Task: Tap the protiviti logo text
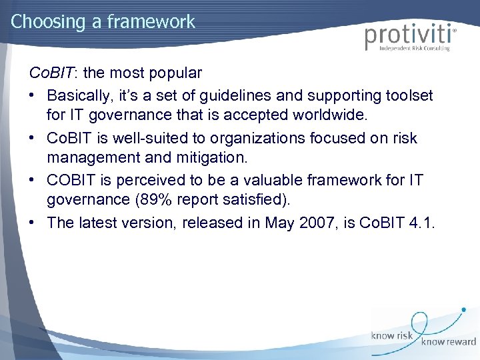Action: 408,36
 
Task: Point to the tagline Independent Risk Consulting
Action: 414,48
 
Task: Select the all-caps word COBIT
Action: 71,180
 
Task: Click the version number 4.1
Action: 421,223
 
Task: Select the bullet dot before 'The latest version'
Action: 33,223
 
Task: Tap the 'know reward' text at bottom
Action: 448,341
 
